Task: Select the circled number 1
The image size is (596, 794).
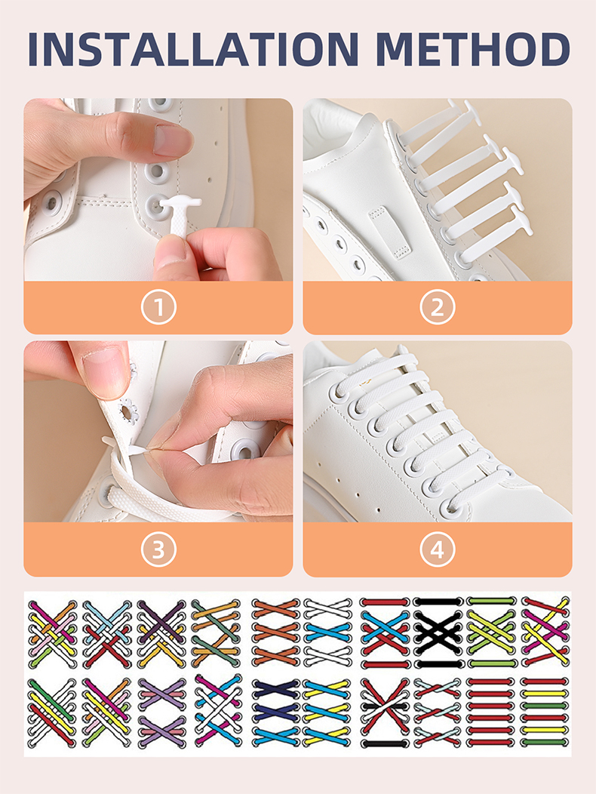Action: [158, 307]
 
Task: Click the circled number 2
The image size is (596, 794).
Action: [438, 307]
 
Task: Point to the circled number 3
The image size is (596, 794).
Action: [158, 549]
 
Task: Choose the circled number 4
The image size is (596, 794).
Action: [438, 549]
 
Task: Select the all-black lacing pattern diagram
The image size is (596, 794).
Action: [438, 632]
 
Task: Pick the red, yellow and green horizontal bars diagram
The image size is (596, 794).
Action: [545, 712]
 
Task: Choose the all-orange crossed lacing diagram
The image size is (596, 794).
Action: [276, 632]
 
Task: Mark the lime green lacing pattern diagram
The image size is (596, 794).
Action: [490, 632]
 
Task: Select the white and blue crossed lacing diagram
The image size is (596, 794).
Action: [327, 632]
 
